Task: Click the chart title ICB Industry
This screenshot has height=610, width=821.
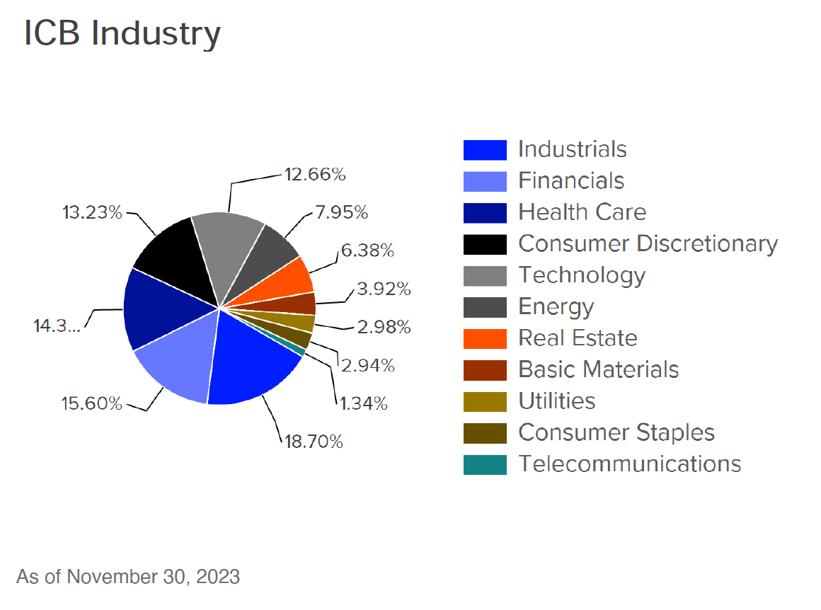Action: coord(122,33)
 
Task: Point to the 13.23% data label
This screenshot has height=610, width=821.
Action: coord(91,212)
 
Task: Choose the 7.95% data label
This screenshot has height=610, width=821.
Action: coord(342,212)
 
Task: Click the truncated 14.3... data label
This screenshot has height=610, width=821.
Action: coord(57,326)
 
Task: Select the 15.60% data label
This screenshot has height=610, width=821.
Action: coord(91,404)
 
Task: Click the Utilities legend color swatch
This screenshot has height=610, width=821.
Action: coord(485,401)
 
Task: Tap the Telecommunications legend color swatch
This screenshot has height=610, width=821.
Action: coord(485,464)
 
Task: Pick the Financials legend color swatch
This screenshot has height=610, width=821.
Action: coord(485,181)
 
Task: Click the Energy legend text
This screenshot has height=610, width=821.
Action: coord(556,307)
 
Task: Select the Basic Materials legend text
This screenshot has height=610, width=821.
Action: coord(598,369)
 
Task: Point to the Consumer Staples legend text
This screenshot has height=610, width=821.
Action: coord(616,432)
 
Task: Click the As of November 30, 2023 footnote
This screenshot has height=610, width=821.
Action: coord(128,577)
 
